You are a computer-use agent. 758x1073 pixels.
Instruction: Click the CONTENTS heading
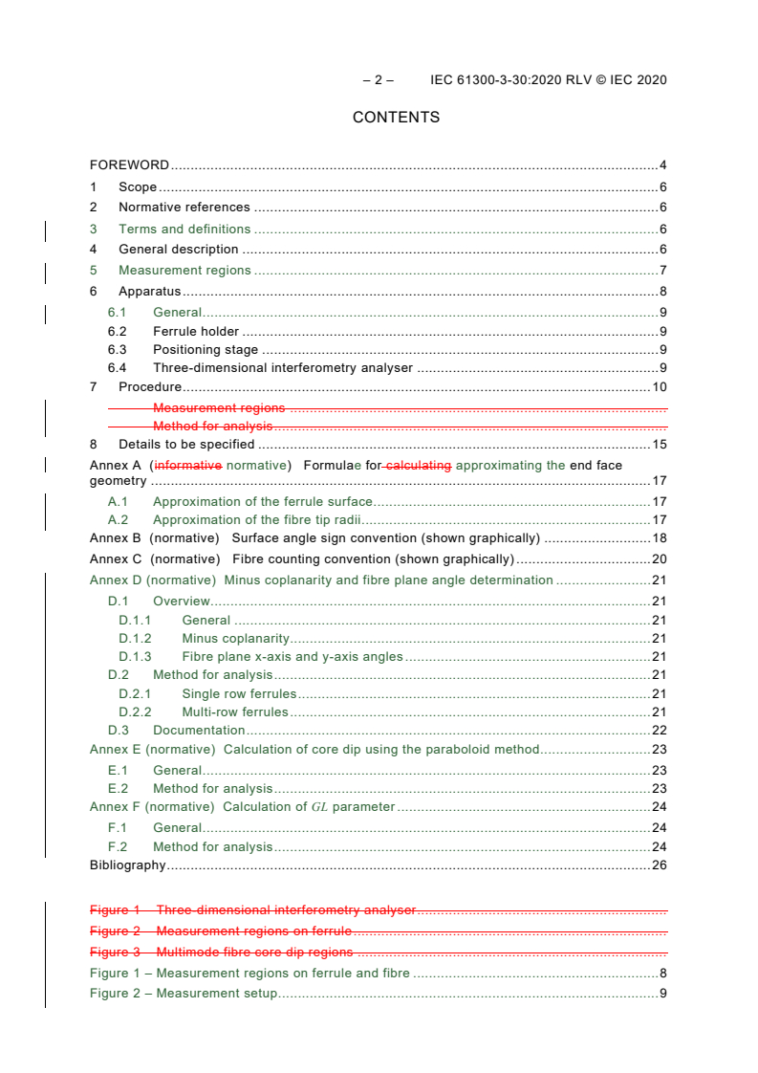pyautogui.click(x=396, y=118)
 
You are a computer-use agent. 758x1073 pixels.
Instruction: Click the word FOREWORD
pyautogui.click(x=129, y=165)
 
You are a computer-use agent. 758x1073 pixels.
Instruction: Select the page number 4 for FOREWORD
pyautogui.click(x=662, y=165)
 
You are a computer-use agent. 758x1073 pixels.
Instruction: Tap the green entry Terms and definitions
pyautogui.click(x=184, y=230)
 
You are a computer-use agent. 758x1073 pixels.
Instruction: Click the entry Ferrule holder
pyautogui.click(x=196, y=332)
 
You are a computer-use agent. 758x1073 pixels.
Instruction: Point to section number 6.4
pyautogui.click(x=117, y=368)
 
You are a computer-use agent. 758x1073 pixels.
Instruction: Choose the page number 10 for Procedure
pyautogui.click(x=659, y=387)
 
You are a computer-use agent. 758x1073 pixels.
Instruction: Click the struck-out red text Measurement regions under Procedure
pyautogui.click(x=219, y=408)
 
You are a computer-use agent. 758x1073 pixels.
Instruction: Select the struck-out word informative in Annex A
pyautogui.click(x=188, y=466)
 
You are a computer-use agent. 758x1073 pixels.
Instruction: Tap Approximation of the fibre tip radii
pyautogui.click(x=255, y=520)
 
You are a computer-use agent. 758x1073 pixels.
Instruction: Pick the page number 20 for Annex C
pyautogui.click(x=659, y=559)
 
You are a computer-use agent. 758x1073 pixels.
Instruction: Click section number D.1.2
pyautogui.click(x=135, y=639)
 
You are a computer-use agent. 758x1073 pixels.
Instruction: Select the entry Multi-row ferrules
pyautogui.click(x=234, y=712)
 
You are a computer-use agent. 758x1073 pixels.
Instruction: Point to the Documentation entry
pyautogui.click(x=199, y=731)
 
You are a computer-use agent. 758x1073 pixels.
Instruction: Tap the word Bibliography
pyautogui.click(x=127, y=866)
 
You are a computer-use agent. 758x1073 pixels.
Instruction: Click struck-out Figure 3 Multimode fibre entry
pyautogui.click(x=221, y=953)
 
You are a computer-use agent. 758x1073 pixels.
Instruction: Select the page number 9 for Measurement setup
pyautogui.click(x=662, y=994)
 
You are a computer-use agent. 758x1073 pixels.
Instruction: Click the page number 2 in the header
pyautogui.click(x=378, y=80)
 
